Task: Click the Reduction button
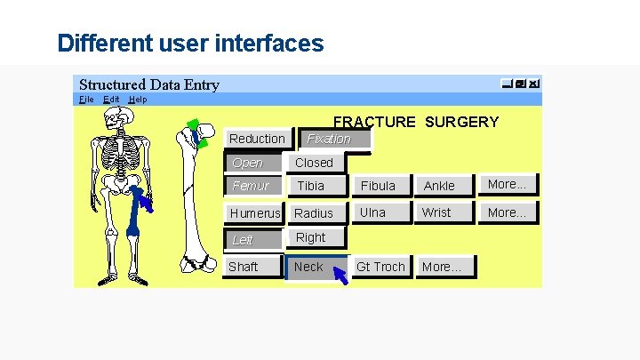[257, 139]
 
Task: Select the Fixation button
[329, 139]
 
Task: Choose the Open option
[248, 163]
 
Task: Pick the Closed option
[314, 163]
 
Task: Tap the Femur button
[251, 186]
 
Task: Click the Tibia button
[311, 186]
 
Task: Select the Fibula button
[378, 186]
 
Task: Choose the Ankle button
[439, 186]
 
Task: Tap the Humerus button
[255, 213]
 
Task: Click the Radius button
[314, 213]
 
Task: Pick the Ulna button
[373, 213]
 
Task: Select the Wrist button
[436, 213]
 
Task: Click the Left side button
[243, 240]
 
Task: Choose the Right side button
[311, 237]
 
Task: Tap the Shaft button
[244, 267]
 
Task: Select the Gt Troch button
[380, 267]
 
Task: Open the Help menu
[138, 100]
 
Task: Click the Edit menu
[111, 100]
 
